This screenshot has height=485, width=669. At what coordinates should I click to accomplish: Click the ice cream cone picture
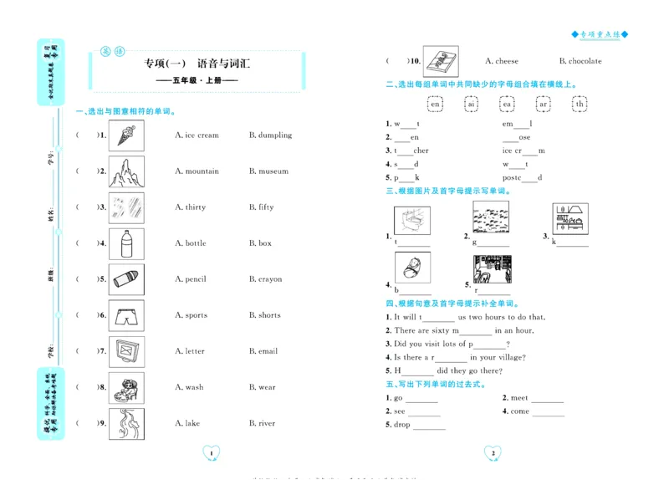tap(126, 135)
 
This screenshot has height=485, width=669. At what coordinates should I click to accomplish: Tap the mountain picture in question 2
tap(126, 171)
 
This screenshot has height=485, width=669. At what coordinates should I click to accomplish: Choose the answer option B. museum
tap(268, 171)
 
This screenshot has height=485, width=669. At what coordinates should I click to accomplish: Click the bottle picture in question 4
tap(126, 243)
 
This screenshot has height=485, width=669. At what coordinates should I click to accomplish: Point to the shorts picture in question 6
tap(126, 315)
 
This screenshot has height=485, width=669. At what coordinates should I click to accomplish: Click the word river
tap(267, 423)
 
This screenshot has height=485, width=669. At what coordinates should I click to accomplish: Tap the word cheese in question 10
tap(507, 61)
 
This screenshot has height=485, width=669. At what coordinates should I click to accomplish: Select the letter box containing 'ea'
tap(507, 105)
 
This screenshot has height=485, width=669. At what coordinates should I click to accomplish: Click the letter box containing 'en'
tap(435, 105)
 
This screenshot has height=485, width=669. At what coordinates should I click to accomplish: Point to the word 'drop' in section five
tap(402, 425)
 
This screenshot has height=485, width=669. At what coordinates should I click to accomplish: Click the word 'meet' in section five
tap(519, 398)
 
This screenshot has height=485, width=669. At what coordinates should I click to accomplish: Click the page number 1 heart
tap(212, 453)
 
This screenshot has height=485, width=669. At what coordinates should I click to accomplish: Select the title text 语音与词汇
tap(224, 63)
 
